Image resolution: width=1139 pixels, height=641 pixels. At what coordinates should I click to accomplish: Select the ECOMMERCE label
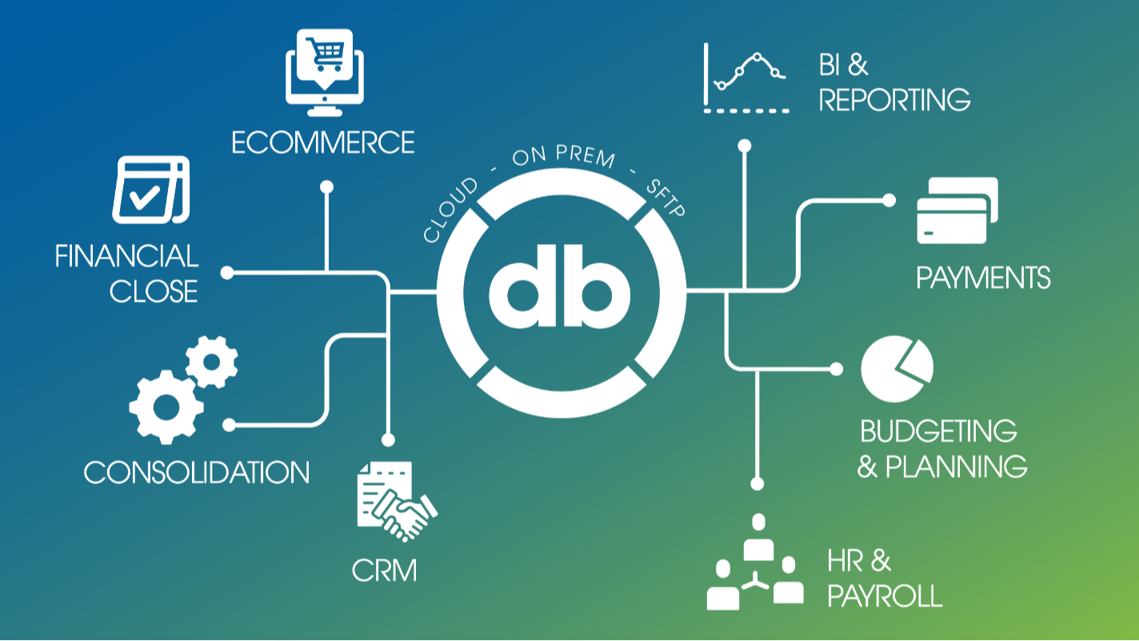pyautogui.click(x=323, y=142)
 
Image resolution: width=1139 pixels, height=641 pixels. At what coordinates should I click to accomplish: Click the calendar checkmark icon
pyautogui.click(x=150, y=189)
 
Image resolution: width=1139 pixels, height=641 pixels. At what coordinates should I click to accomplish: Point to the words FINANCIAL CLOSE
pyautogui.click(x=127, y=273)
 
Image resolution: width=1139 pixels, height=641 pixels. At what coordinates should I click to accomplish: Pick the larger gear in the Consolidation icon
pyautogui.click(x=166, y=406)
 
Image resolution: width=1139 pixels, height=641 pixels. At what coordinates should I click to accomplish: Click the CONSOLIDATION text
pyautogui.click(x=197, y=472)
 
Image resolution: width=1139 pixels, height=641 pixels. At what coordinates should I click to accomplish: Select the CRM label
pyautogui.click(x=384, y=571)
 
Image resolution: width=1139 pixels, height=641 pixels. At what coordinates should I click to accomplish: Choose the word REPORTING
pyautogui.click(x=894, y=100)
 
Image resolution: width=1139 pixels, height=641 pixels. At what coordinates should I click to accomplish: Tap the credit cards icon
pyautogui.click(x=957, y=210)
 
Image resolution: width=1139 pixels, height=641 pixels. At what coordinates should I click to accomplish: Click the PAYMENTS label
pyautogui.click(x=983, y=278)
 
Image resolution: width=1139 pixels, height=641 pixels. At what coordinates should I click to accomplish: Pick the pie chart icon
pyautogui.click(x=897, y=369)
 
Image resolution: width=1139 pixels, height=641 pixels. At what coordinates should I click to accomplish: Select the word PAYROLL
pyautogui.click(x=885, y=596)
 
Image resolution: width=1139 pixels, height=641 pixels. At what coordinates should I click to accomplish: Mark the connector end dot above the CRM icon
pyautogui.click(x=389, y=439)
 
